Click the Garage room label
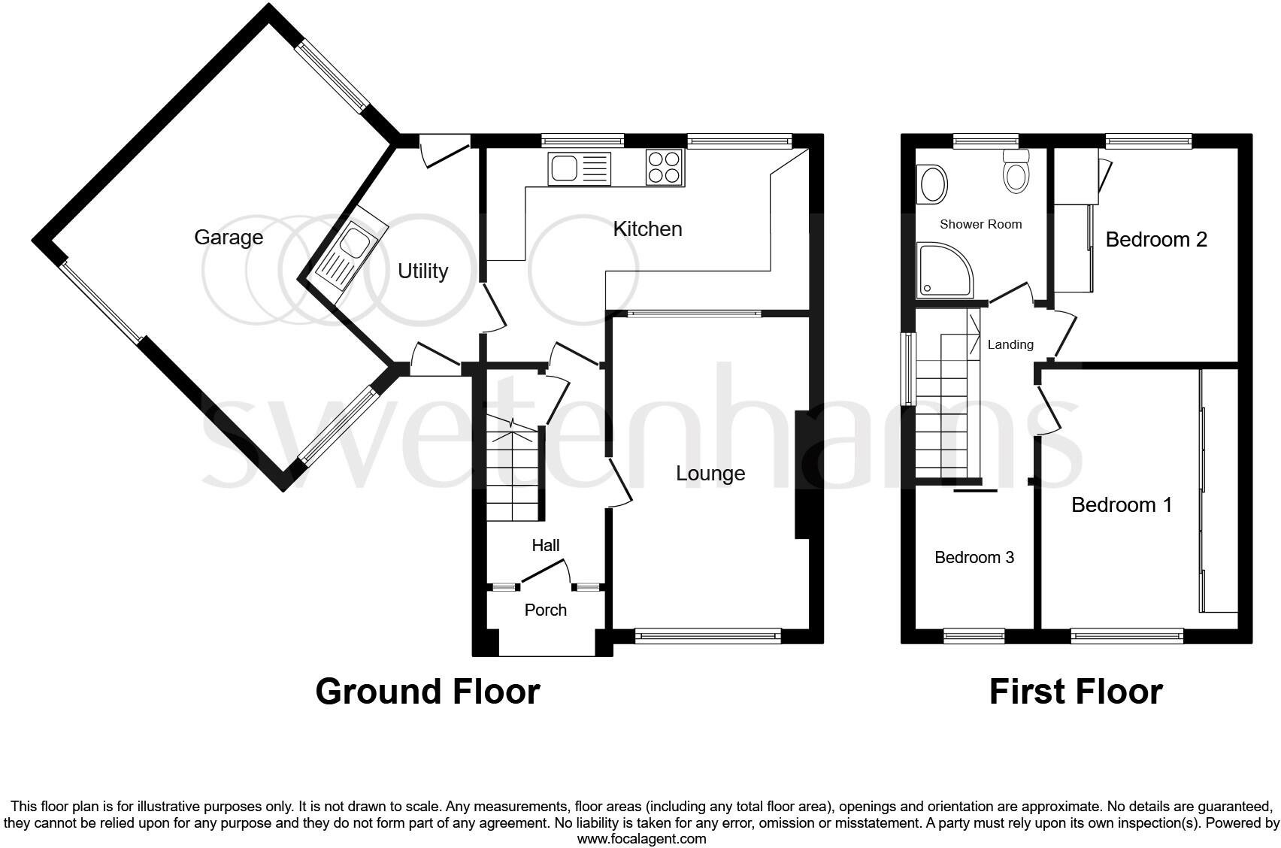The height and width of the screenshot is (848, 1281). [x=229, y=238]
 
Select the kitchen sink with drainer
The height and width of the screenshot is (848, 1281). [x=580, y=168]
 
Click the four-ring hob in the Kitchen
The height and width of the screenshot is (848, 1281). [x=665, y=168]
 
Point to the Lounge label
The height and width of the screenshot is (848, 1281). [x=710, y=474]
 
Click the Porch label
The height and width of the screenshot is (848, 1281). [x=545, y=610]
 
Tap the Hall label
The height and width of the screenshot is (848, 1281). [x=545, y=545]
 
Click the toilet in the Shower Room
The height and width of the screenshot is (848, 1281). [x=1016, y=174]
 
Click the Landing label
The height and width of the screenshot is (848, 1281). [x=1010, y=344]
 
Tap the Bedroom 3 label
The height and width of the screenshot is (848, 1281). [x=974, y=557]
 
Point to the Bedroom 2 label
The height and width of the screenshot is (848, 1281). [x=1155, y=240]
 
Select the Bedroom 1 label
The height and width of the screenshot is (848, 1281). [x=1121, y=504]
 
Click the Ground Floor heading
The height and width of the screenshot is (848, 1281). [x=427, y=692]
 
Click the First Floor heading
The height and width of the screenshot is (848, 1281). [x=1075, y=692]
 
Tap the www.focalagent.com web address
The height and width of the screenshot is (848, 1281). [x=641, y=838]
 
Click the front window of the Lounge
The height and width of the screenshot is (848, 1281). [x=707, y=636]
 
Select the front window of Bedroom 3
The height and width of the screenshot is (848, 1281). [x=974, y=636]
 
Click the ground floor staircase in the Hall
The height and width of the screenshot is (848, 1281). [x=513, y=474]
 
